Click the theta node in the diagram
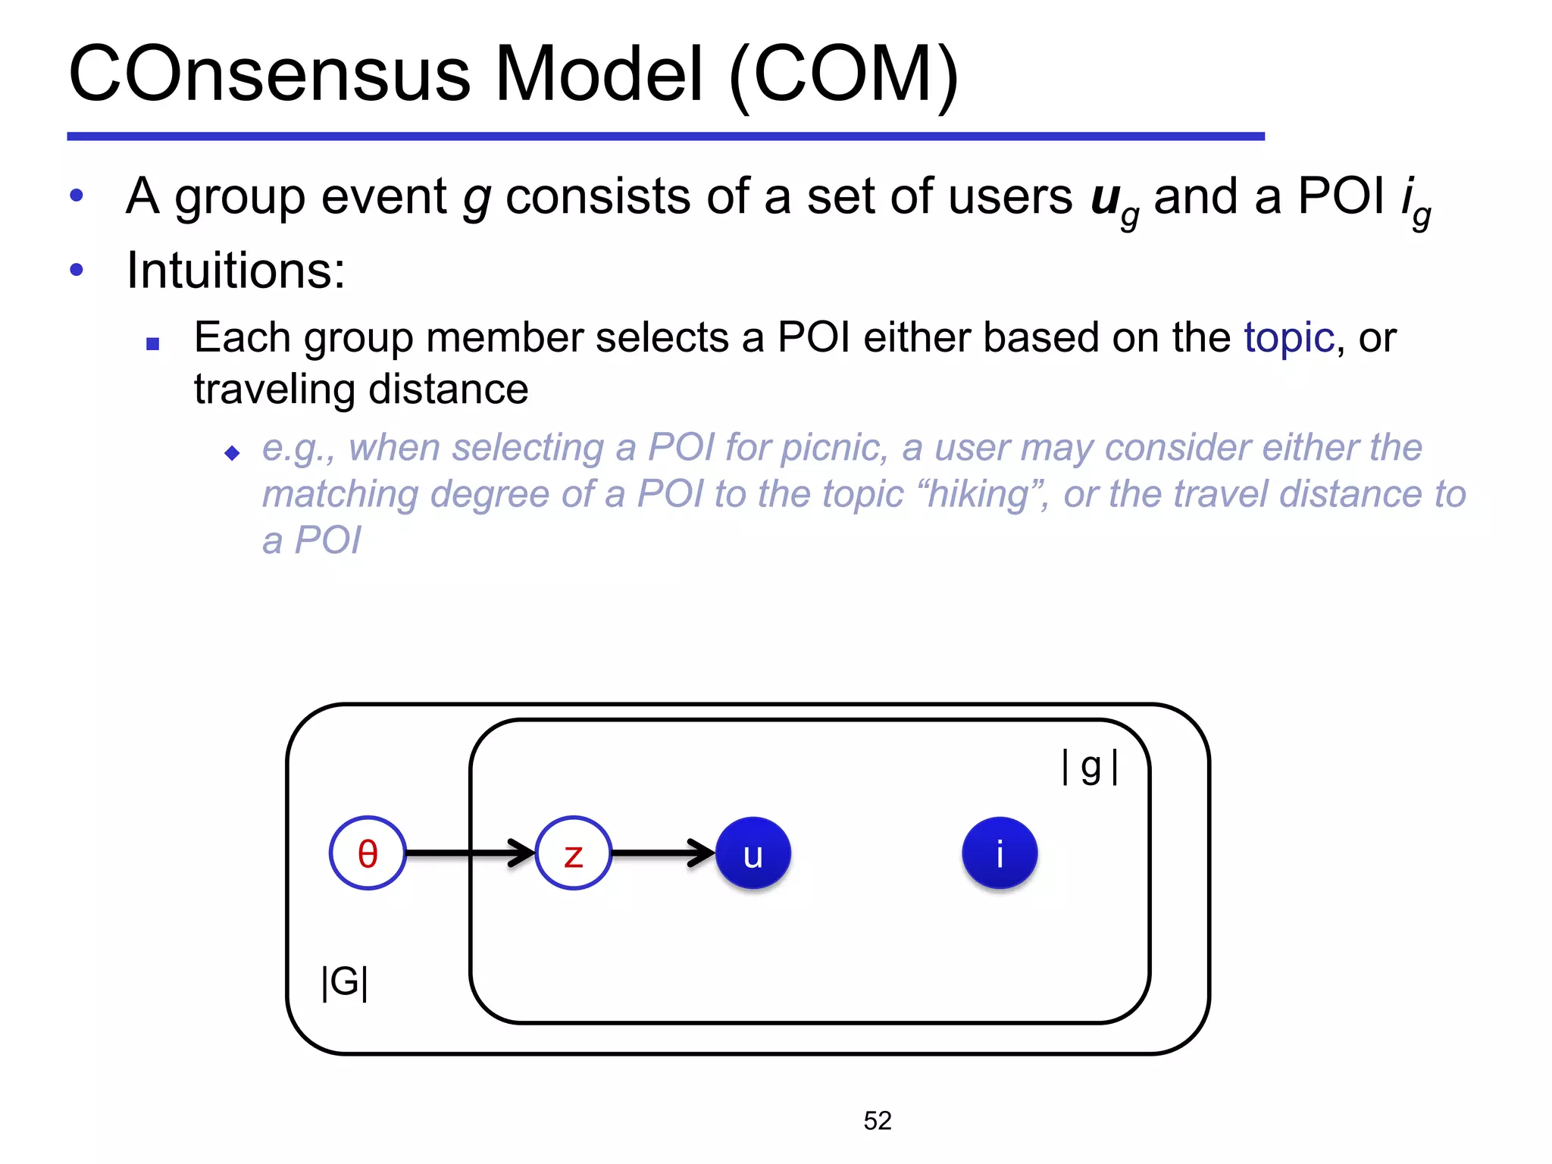(x=368, y=853)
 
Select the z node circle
(x=574, y=853)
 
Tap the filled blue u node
(x=753, y=853)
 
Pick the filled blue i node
(x=1000, y=853)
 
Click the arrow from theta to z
(x=470, y=853)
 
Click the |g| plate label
(x=1090, y=767)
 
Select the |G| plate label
(x=345, y=982)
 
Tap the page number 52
(x=878, y=1121)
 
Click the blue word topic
(x=1288, y=337)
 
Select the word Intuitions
(x=235, y=271)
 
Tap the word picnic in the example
(x=833, y=447)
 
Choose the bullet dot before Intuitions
(x=77, y=270)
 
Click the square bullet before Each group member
(x=153, y=344)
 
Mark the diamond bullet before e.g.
(x=233, y=453)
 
